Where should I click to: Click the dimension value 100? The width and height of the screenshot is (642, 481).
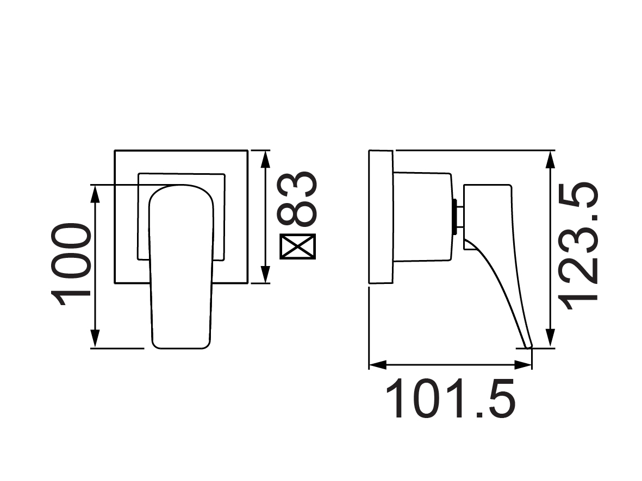[71, 264]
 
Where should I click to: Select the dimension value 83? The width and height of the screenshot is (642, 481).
[297, 199]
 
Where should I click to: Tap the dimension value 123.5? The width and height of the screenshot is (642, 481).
[580, 246]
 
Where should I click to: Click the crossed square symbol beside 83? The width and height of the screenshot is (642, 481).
[297, 247]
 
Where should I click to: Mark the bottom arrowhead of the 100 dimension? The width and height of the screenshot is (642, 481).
[96, 340]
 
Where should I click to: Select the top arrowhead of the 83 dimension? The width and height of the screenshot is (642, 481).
[265, 157]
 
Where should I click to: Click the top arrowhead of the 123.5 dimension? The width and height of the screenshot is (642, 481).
[551, 158]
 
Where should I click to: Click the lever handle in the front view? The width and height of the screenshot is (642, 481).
[180, 266]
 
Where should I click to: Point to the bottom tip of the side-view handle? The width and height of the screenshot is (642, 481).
[527, 344]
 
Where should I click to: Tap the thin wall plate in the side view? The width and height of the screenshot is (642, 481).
[381, 217]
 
